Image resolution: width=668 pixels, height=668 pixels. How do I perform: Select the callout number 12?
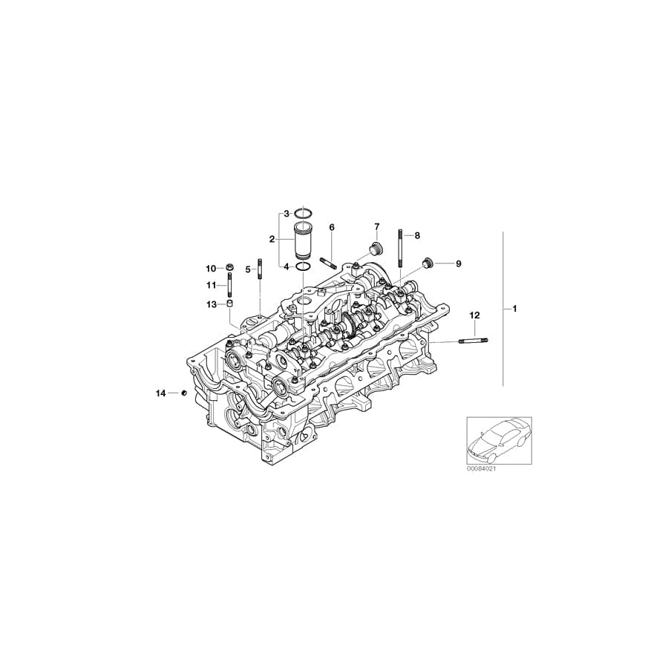pyautogui.click(x=474, y=315)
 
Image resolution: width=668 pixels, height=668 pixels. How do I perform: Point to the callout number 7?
pyautogui.click(x=376, y=226)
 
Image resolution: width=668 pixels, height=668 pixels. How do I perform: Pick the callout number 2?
pyautogui.click(x=272, y=239)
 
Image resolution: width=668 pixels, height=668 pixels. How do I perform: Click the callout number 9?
pyautogui.click(x=458, y=263)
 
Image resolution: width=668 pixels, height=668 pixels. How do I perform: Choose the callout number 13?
pyautogui.click(x=211, y=304)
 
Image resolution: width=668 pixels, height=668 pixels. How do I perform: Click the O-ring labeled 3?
pyautogui.click(x=303, y=214)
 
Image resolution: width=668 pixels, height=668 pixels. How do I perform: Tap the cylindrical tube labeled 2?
pyautogui.click(x=303, y=240)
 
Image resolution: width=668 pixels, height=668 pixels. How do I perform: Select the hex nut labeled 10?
pyautogui.click(x=231, y=267)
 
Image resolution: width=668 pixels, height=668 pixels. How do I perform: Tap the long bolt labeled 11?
pyautogui.click(x=231, y=286)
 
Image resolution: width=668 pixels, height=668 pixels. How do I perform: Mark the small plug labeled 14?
pyautogui.click(x=183, y=393)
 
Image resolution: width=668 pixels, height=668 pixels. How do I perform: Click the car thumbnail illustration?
pyautogui.click(x=498, y=439)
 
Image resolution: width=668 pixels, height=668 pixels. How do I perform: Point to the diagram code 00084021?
pyautogui.click(x=481, y=468)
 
